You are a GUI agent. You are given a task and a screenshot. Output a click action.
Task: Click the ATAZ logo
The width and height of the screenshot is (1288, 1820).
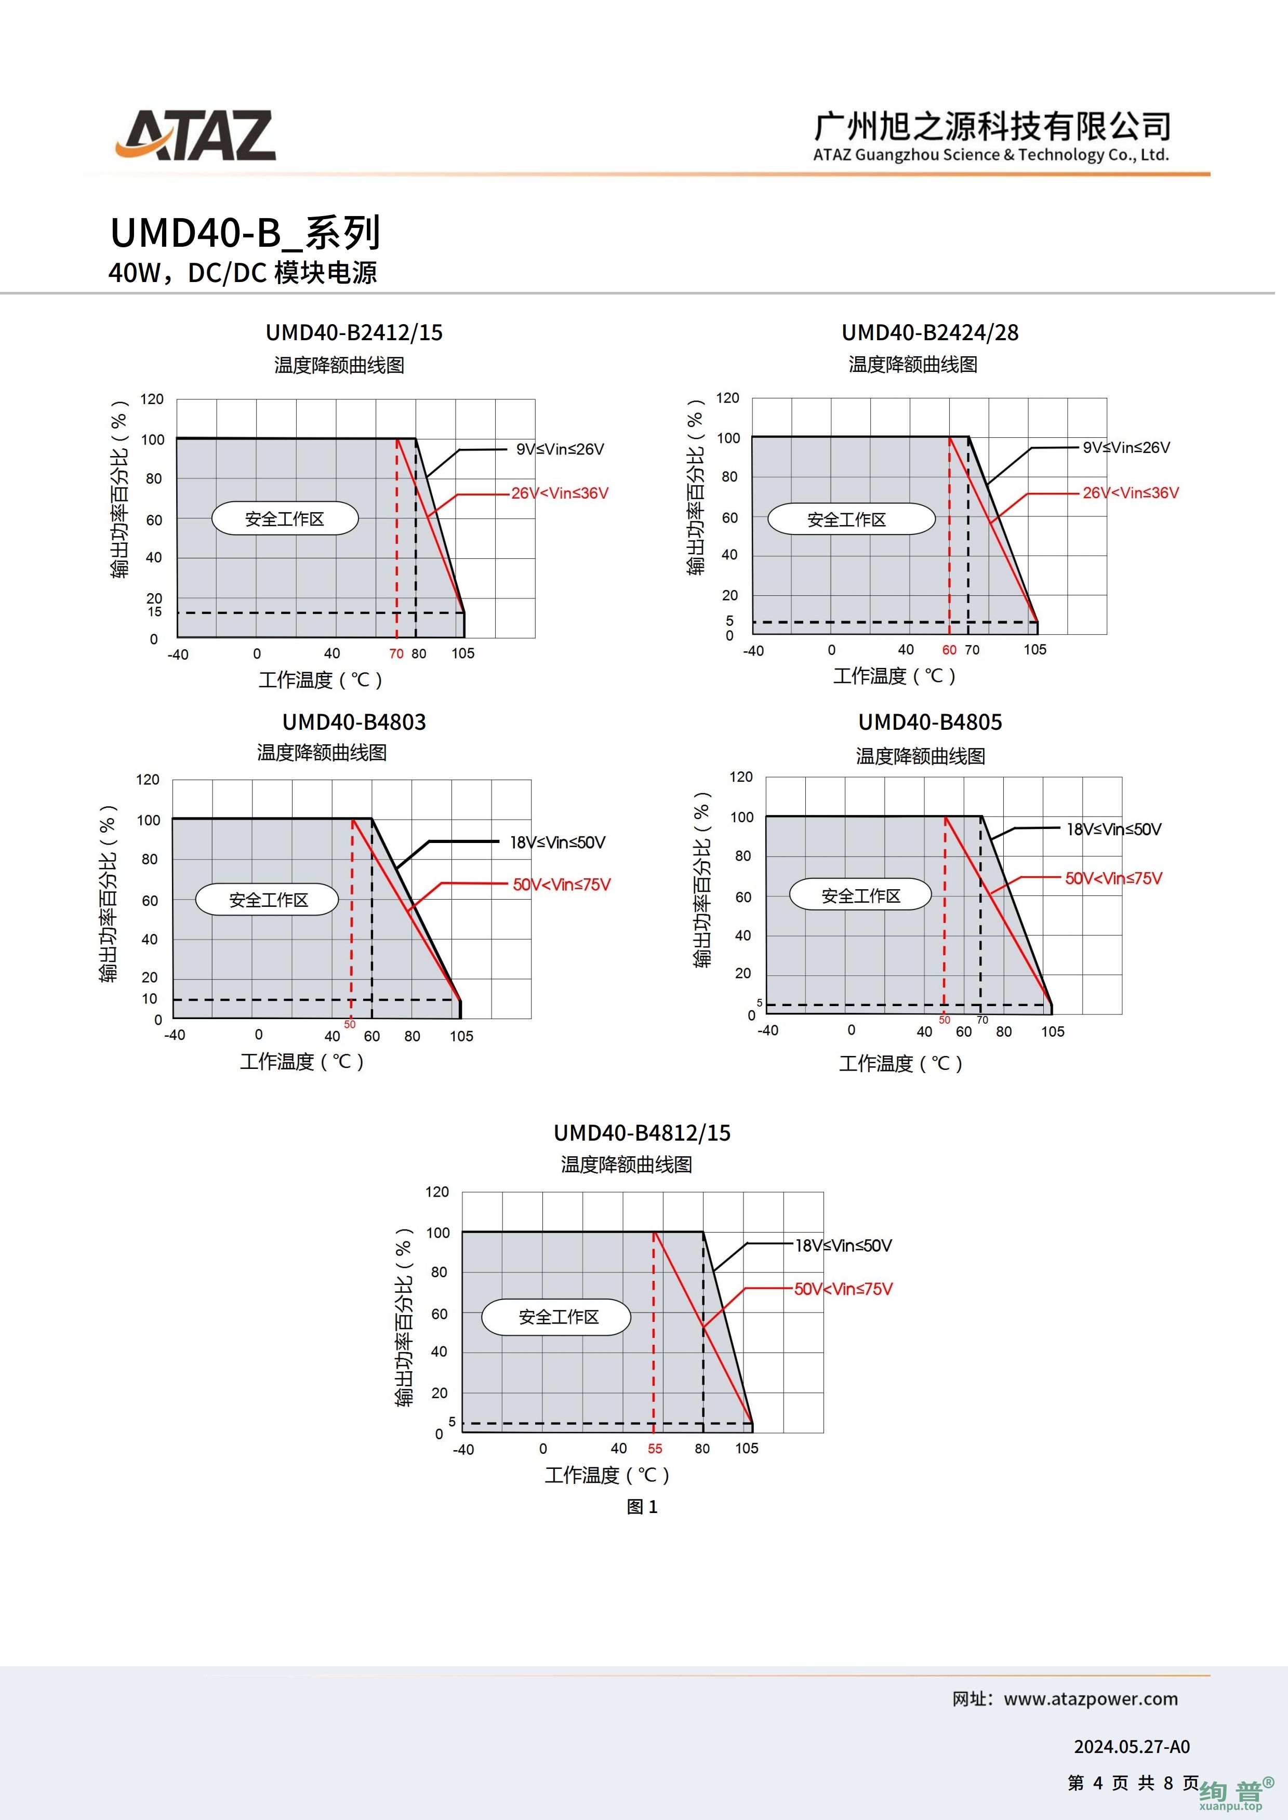(x=196, y=136)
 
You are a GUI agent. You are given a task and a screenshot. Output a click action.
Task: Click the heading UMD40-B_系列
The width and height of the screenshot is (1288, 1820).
(x=246, y=233)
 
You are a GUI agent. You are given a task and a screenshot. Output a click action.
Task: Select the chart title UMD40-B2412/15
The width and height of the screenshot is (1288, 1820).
(x=354, y=333)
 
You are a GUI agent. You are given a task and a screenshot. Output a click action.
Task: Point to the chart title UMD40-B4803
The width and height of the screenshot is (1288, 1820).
(x=354, y=722)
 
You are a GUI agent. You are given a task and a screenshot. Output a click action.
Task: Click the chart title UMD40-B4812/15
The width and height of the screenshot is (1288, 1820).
(x=642, y=1133)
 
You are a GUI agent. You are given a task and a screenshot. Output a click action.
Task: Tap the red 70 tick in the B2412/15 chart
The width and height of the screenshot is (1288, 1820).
(x=396, y=654)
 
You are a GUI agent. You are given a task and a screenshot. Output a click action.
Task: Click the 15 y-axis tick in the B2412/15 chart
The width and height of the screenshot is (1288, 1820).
(x=155, y=611)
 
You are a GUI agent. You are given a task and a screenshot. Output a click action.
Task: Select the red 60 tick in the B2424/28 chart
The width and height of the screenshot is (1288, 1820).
(x=949, y=650)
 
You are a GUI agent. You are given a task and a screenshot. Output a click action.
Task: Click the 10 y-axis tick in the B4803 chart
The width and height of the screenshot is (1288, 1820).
(x=150, y=999)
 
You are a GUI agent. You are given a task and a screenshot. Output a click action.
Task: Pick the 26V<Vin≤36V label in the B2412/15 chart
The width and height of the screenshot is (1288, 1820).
(x=560, y=493)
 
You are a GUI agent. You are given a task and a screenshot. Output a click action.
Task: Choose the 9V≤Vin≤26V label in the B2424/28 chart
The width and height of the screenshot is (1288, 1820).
(x=1126, y=448)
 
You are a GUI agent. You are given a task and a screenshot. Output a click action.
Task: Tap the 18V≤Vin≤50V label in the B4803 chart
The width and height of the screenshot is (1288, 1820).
(x=557, y=842)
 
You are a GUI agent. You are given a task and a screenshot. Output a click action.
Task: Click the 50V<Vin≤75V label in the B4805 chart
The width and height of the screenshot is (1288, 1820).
(x=1113, y=878)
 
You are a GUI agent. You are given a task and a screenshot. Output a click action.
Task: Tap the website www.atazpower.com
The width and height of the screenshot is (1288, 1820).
(x=1091, y=1699)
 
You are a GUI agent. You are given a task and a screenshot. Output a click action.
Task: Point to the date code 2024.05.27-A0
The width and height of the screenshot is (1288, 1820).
(x=1132, y=1746)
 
